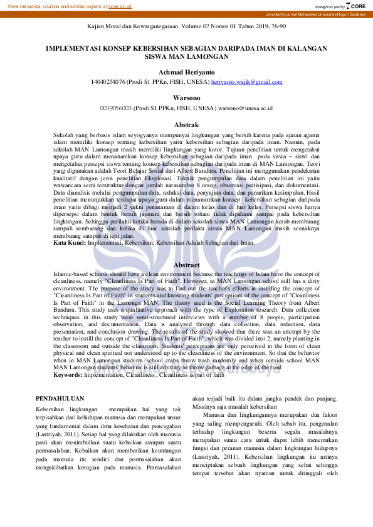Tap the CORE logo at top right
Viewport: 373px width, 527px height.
pyautogui.click(x=357, y=6)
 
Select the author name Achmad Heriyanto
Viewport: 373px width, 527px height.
pyautogui.click(x=186, y=73)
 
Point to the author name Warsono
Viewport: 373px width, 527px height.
pyautogui.click(x=186, y=98)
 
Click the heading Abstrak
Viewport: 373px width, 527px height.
pyautogui.click(x=186, y=125)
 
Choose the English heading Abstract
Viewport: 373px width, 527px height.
pyautogui.click(x=186, y=265)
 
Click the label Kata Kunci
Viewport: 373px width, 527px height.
pyautogui.click(x=70, y=242)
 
